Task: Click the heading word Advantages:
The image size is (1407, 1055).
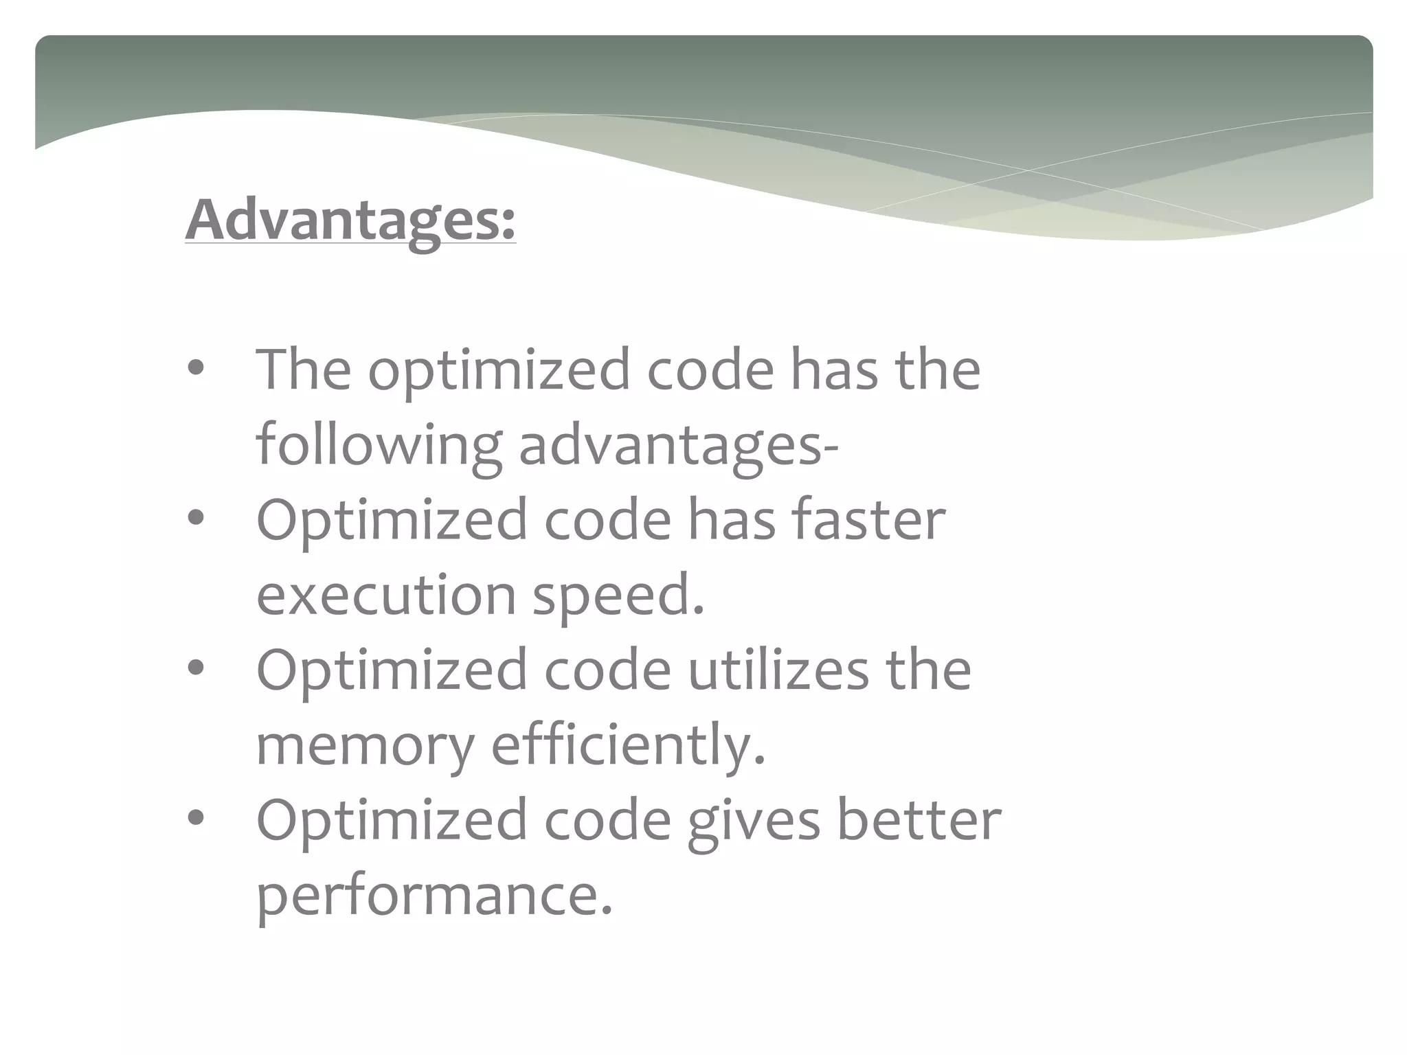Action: coord(350,220)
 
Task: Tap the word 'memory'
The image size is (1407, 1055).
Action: coord(365,746)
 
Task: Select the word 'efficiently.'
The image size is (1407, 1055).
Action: coord(628,745)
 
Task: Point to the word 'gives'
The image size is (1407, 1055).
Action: coord(754,821)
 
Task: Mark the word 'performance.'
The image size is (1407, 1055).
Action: coord(434,897)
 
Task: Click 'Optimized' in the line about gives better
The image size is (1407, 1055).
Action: coord(392,821)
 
